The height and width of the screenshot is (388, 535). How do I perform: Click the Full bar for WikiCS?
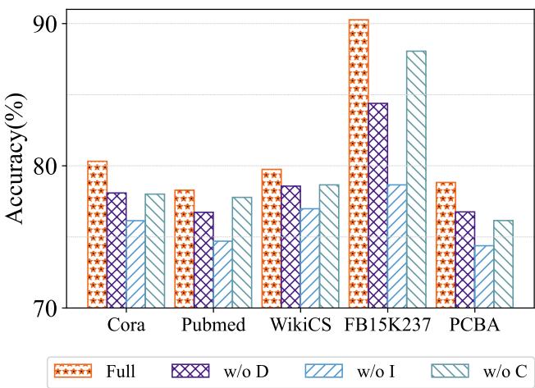272,239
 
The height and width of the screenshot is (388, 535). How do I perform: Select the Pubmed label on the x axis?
213,324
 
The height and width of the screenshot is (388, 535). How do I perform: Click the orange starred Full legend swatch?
72,372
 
